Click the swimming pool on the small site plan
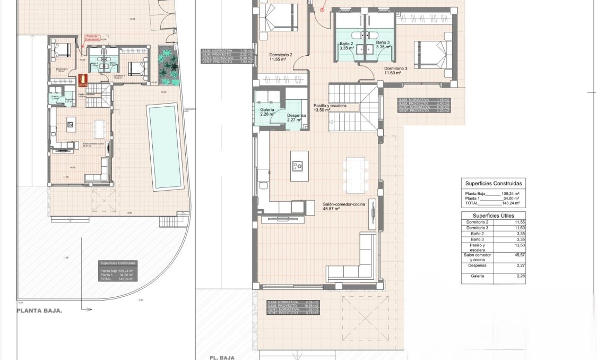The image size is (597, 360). pyautogui.click(x=164, y=147)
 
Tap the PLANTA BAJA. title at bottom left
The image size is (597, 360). pyautogui.click(x=40, y=312)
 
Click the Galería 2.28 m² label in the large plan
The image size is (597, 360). pyautogui.click(x=266, y=112)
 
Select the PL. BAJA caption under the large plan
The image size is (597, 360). pyautogui.click(x=222, y=357)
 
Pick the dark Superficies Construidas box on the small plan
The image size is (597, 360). pyautogui.click(x=118, y=271)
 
